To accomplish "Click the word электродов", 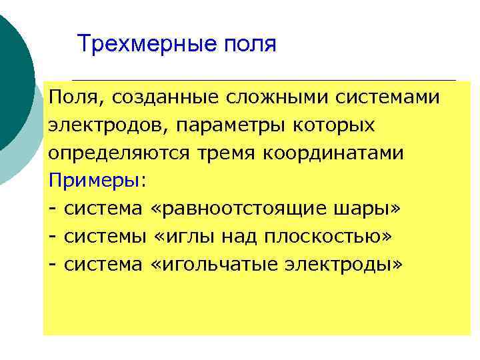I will [95, 126].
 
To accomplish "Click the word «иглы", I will [184, 237].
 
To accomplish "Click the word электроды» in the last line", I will [347, 265].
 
